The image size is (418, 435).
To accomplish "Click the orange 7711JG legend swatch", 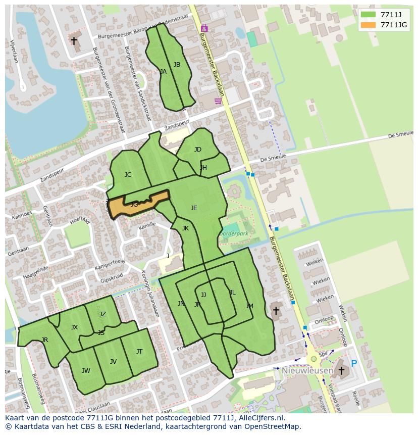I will tap(368, 25).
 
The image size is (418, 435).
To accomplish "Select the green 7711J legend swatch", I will tap(368, 15).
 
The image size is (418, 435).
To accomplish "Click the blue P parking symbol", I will tap(354, 363).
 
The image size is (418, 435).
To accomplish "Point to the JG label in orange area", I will tap(134, 205).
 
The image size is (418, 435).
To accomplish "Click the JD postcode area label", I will tap(198, 149).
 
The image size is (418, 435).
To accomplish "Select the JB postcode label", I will tap(177, 64).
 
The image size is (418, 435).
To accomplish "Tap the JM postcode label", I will tap(249, 306).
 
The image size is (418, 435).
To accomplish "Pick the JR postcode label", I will tap(45, 340).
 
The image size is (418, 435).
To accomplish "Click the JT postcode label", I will tap(139, 351).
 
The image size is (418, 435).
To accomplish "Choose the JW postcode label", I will tap(86, 370).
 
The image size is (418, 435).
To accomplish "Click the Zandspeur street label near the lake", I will tap(53, 173).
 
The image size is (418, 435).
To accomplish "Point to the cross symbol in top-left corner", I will tap(74, 40).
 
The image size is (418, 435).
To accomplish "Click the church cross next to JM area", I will tap(276, 311).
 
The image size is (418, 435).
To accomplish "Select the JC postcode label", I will tap(128, 175).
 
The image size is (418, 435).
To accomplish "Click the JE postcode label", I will tap(194, 208).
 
